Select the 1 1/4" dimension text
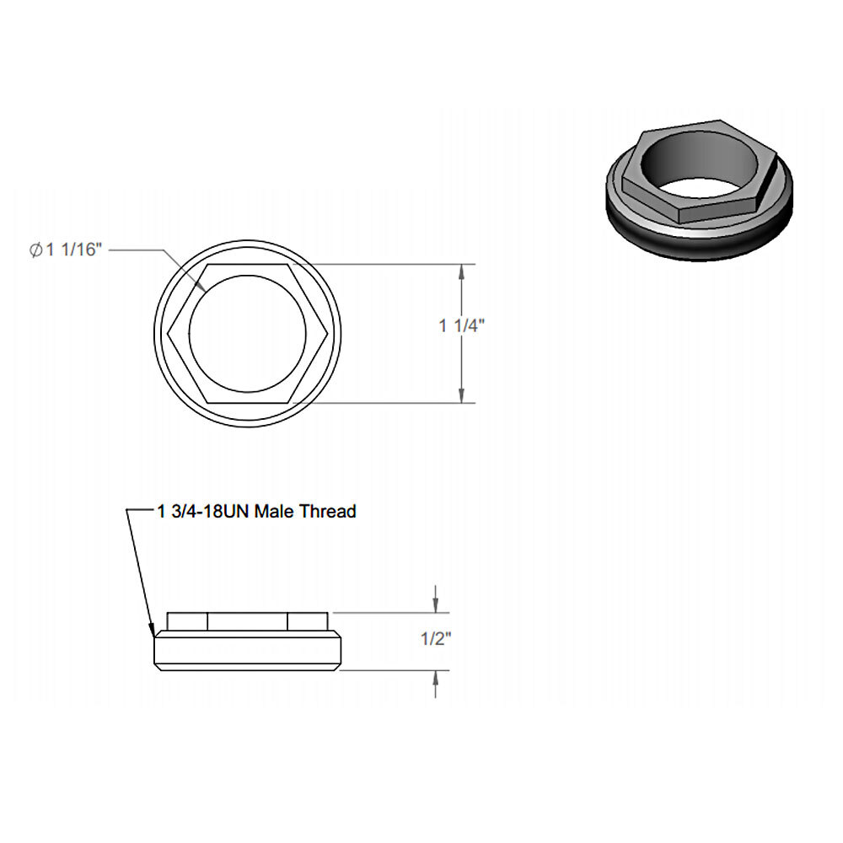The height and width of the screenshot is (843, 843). [x=461, y=327]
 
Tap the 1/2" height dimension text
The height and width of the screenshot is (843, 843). [x=437, y=639]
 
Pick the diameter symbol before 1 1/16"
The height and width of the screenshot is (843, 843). [x=35, y=250]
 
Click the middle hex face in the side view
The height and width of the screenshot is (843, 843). [x=248, y=621]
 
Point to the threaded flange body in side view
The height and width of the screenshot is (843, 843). [x=248, y=651]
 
